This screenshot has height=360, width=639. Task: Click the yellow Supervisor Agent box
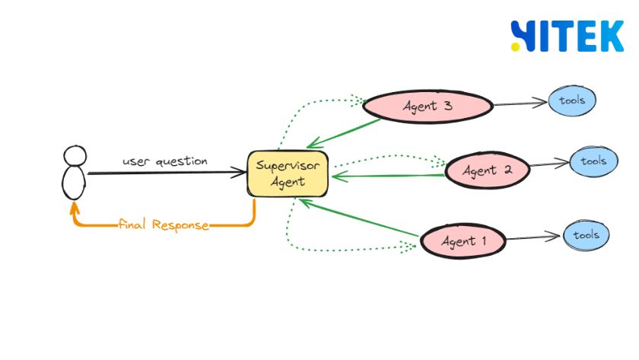pyautogui.click(x=288, y=174)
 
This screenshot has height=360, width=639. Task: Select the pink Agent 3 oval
pyautogui.click(x=428, y=107)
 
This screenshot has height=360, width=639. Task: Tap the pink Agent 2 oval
pyautogui.click(x=488, y=170)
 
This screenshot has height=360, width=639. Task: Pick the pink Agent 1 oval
pyautogui.click(x=463, y=241)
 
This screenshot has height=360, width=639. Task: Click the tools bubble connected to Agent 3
pyautogui.click(x=572, y=100)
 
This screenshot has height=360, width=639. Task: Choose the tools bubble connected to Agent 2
pyautogui.click(x=594, y=161)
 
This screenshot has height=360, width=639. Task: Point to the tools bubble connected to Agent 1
pyautogui.click(x=587, y=235)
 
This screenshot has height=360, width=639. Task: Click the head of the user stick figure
pyautogui.click(x=75, y=156)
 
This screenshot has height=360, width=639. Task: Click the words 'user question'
pyautogui.click(x=165, y=161)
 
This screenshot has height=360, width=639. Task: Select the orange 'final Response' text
pyautogui.click(x=164, y=225)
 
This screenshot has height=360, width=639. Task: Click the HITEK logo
pyautogui.click(x=567, y=36)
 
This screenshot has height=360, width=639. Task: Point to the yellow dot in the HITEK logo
pyautogui.click(x=516, y=47)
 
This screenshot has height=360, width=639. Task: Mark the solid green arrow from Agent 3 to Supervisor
pyautogui.click(x=344, y=134)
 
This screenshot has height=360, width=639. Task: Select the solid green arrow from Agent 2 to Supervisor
pyautogui.click(x=389, y=176)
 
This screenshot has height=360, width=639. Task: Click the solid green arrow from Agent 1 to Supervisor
pyautogui.click(x=358, y=218)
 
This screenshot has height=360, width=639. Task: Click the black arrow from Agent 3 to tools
pyautogui.click(x=520, y=104)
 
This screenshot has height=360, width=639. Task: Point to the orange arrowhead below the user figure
pyautogui.click(x=75, y=208)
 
